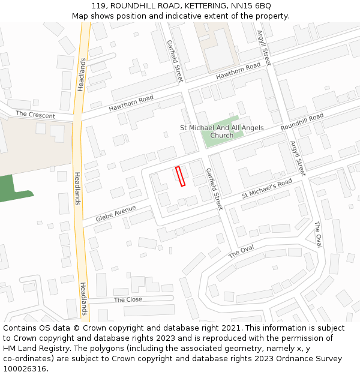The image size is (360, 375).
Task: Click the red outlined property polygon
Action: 180,176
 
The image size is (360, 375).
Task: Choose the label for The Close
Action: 128,299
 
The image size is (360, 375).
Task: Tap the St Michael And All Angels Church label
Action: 221,131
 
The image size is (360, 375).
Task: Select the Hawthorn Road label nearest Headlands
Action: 131,103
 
